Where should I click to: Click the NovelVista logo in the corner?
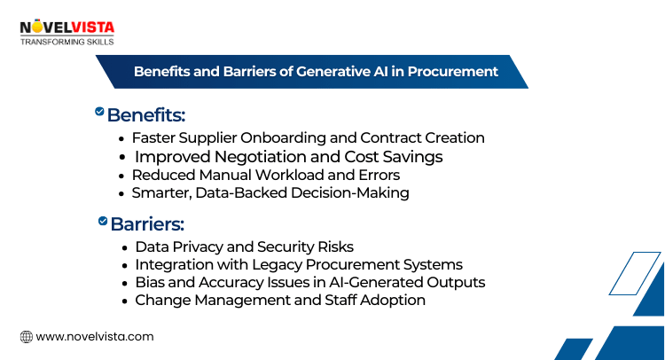66,27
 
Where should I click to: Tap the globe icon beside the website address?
27,336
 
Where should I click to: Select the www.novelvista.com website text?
95,336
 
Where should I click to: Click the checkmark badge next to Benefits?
99,112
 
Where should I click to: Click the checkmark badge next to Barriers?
103,220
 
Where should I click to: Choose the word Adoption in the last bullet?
392,300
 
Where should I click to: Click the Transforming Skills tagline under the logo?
66,41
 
